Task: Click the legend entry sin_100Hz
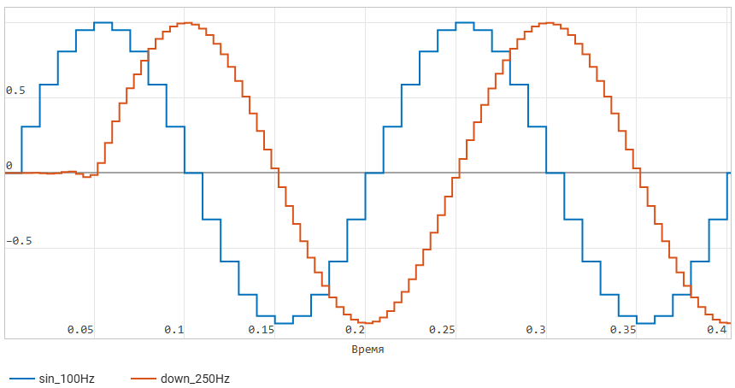[x=67, y=378]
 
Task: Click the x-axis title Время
[x=367, y=350]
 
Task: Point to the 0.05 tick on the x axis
[x=79, y=330]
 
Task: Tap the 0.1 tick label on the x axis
[x=174, y=330]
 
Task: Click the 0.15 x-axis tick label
[x=262, y=330]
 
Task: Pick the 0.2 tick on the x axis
[x=356, y=330]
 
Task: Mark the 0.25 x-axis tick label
[x=443, y=330]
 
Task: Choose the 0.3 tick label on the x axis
[x=536, y=330]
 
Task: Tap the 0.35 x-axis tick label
[x=624, y=330]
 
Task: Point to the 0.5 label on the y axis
[x=15, y=91]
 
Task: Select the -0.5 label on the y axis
[x=19, y=241]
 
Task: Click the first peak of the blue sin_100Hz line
[x=103, y=23]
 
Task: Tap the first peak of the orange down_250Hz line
[x=186, y=23]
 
